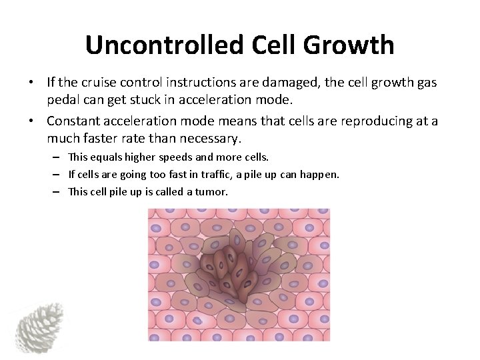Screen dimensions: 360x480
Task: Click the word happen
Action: [322, 175]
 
